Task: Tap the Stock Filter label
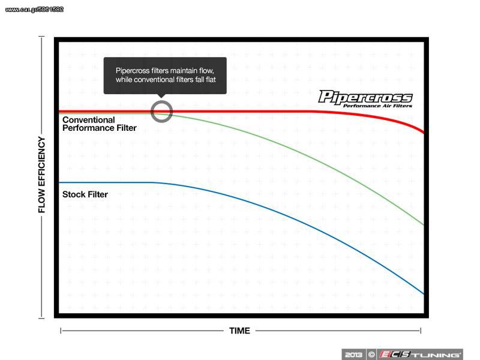pos(85,194)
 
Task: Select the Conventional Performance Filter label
pos(99,124)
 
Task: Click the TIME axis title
pos(239,331)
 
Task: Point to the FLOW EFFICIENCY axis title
pos(41,175)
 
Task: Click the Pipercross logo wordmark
pos(365,97)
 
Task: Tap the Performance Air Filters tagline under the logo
pos(378,106)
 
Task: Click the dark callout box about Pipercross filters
pos(165,76)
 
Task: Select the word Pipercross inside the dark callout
pos(133,71)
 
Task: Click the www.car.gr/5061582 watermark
pos(34,10)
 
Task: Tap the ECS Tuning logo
pos(419,355)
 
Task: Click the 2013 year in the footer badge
pos(353,355)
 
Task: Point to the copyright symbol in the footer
pos(371,355)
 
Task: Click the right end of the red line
pos(424,132)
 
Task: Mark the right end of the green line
pos(424,225)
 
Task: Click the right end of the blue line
pos(424,294)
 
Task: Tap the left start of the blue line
pos(59,183)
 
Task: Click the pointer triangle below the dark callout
pos(161,96)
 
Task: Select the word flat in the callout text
pos(210,80)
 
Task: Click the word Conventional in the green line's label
pos(88,119)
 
